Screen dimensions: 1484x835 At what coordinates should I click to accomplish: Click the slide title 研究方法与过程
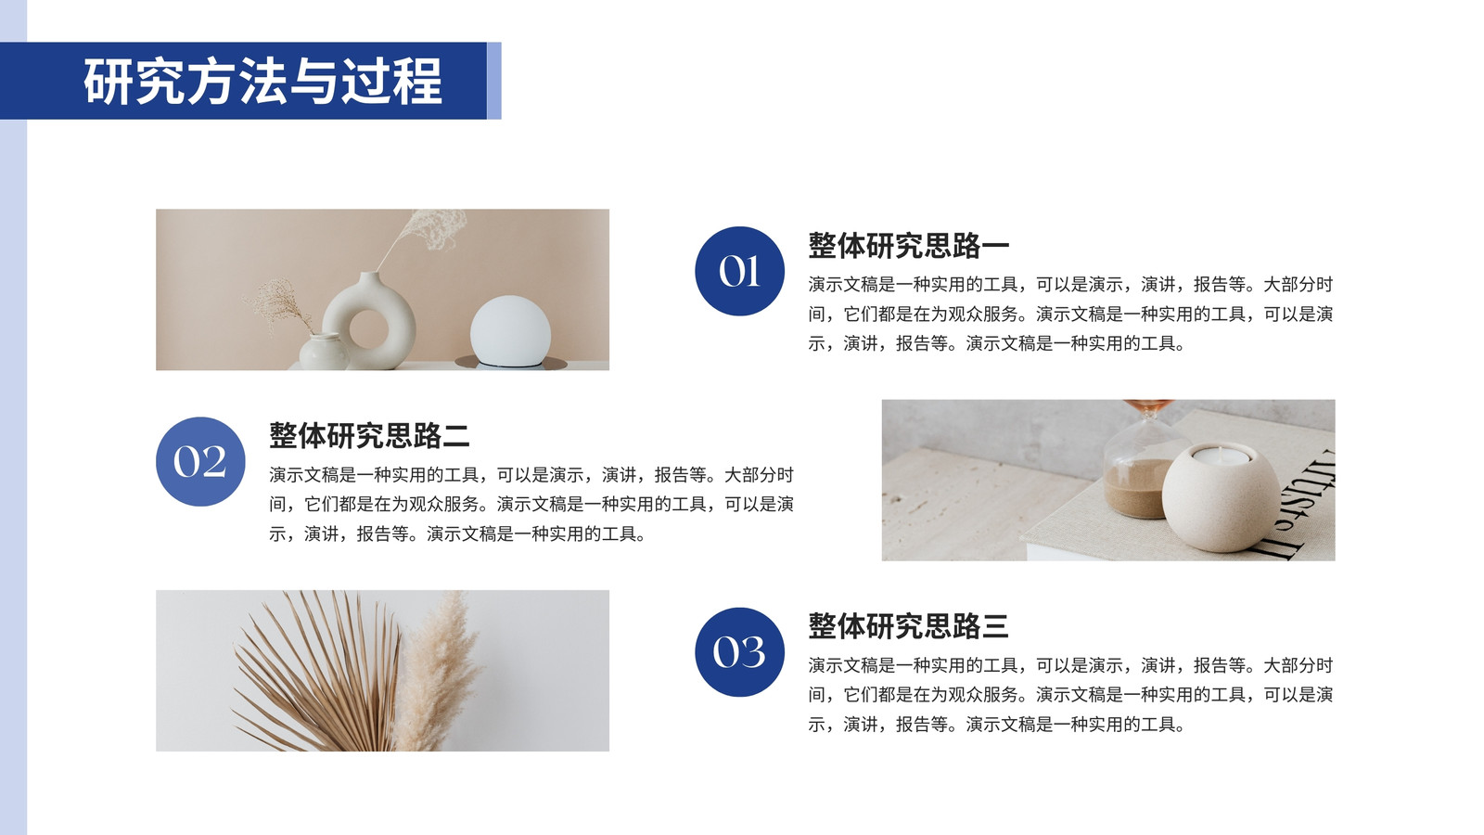(x=262, y=82)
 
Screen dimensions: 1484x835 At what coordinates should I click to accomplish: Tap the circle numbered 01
(x=739, y=271)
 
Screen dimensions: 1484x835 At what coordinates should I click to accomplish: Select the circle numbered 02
(x=200, y=461)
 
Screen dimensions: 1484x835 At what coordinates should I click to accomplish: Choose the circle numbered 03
(x=739, y=652)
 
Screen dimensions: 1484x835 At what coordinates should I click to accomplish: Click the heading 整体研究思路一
(x=908, y=246)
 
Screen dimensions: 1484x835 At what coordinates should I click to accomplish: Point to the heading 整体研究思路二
(x=369, y=436)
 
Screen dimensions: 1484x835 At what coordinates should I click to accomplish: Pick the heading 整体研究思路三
(x=908, y=627)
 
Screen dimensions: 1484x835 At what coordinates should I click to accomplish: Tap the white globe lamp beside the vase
(x=510, y=330)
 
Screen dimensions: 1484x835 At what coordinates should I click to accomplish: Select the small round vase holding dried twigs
(x=324, y=352)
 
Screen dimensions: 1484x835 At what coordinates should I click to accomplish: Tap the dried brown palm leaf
(x=319, y=676)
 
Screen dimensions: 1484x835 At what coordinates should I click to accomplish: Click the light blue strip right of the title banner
(x=494, y=81)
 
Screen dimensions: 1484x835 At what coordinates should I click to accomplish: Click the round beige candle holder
(x=1221, y=497)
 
